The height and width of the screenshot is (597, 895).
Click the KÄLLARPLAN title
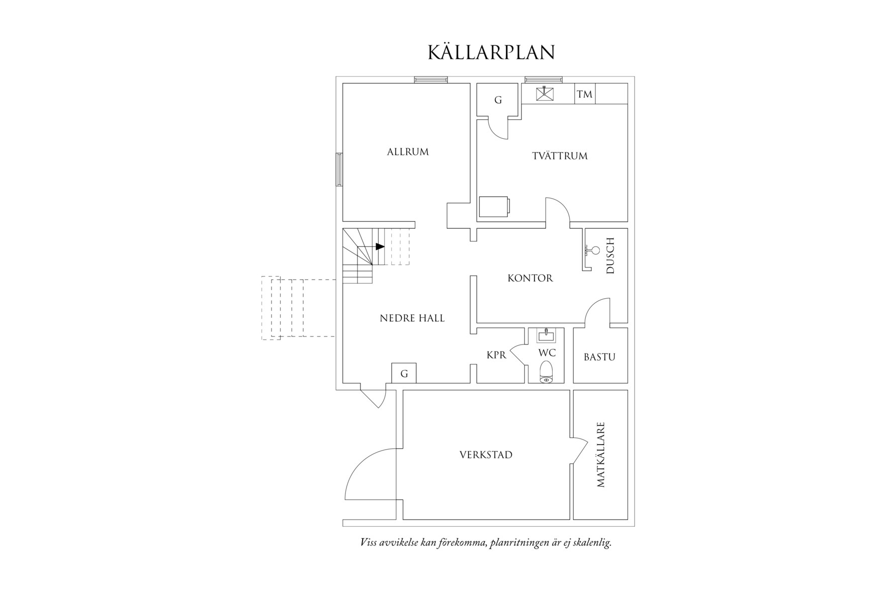point(491,53)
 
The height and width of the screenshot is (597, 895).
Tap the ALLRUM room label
point(408,152)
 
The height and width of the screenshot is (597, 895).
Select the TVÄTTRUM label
point(560,156)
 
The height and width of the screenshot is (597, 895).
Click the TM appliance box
point(584,95)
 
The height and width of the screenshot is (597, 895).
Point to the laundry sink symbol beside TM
point(544,94)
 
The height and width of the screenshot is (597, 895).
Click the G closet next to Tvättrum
point(498,100)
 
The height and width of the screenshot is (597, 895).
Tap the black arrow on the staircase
point(380,246)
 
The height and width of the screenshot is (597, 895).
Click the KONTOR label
point(530,278)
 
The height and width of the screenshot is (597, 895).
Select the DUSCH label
point(610,255)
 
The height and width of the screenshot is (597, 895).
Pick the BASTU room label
point(599,357)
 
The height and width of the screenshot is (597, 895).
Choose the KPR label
point(496,355)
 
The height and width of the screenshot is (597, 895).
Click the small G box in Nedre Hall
point(404,374)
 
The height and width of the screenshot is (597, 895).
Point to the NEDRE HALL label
point(412,318)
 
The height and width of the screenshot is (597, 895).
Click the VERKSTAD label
point(486,455)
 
